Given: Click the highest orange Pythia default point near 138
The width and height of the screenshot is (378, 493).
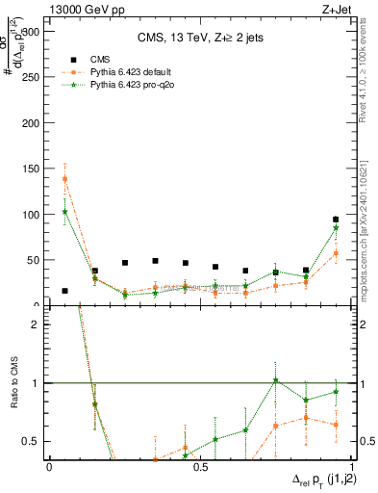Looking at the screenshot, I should pos(64,179).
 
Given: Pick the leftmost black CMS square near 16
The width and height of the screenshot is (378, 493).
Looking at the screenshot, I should pos(64,291).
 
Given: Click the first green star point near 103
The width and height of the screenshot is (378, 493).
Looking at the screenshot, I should pos(64,212).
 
